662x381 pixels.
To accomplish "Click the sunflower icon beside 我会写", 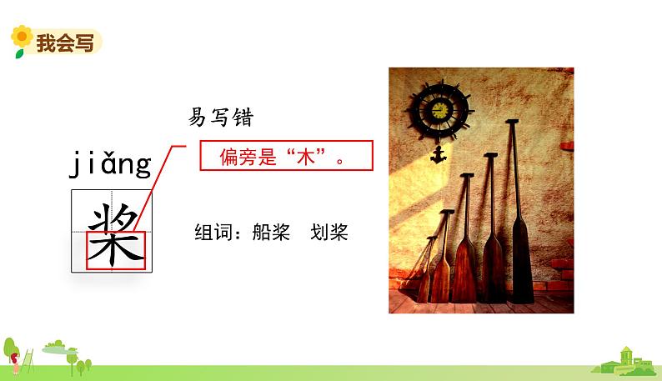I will [21, 39].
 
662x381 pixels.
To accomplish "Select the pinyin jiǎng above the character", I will [109, 164].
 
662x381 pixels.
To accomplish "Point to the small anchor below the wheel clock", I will [437, 156].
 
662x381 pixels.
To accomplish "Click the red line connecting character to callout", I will [158, 188].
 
